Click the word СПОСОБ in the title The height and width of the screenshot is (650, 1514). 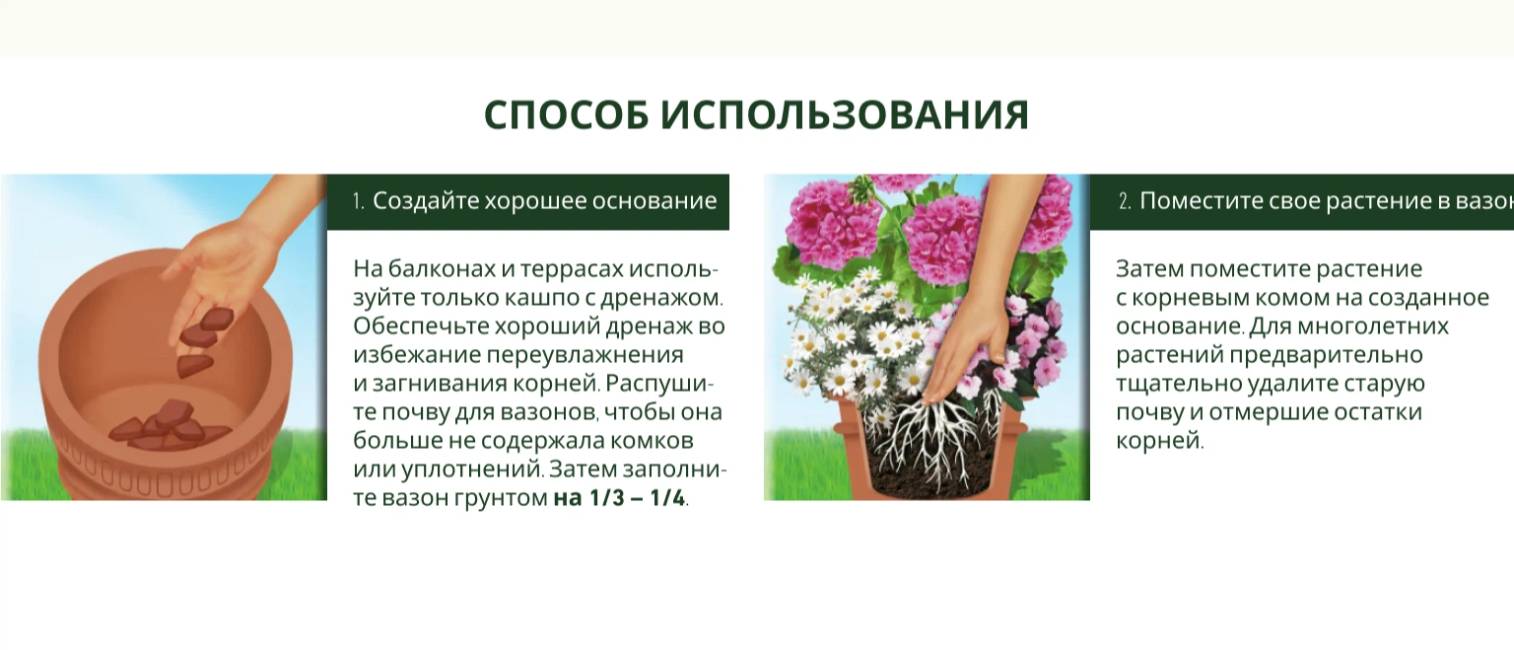(x=566, y=114)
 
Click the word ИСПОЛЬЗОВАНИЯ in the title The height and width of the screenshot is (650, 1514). (x=845, y=114)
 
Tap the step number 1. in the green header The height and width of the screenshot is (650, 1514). (x=358, y=201)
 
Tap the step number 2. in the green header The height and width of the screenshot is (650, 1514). (x=1126, y=201)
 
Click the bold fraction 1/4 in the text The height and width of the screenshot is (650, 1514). (x=667, y=498)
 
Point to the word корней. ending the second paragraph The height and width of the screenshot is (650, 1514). (x=1160, y=442)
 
